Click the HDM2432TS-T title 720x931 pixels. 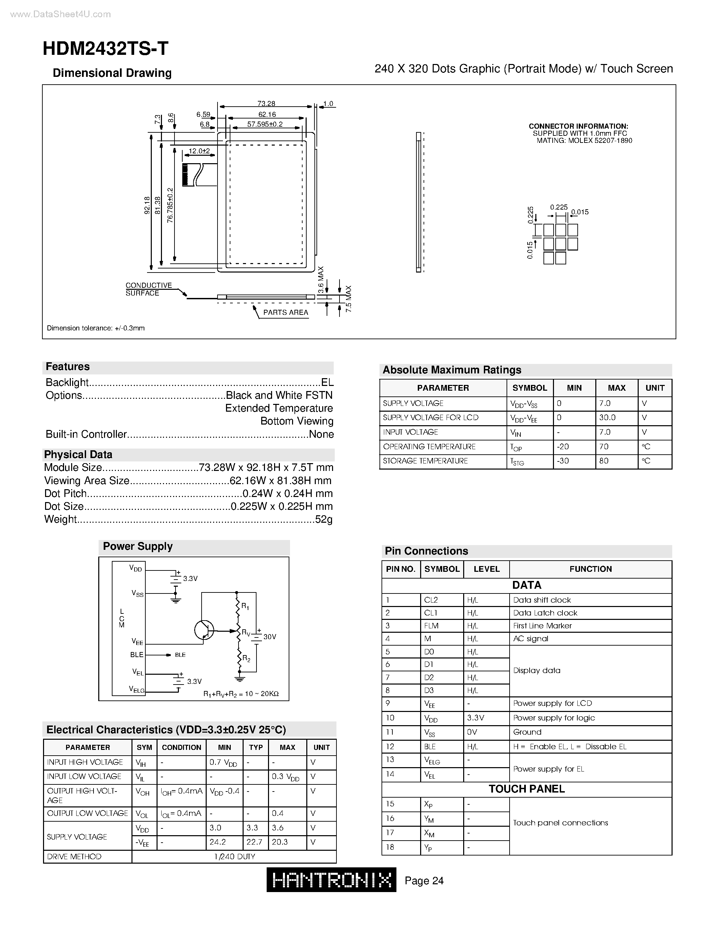pyautogui.click(x=105, y=49)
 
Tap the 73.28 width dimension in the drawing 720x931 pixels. pyautogui.click(x=266, y=103)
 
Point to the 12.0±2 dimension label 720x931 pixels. pyautogui.click(x=199, y=151)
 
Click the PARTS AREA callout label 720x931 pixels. pyautogui.click(x=285, y=312)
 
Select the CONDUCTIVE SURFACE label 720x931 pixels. pyautogui.click(x=148, y=289)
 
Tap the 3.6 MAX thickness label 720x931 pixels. pyautogui.click(x=321, y=280)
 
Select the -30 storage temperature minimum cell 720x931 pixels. pyautogui.click(x=563, y=461)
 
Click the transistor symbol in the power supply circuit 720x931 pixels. pyautogui.click(x=204, y=630)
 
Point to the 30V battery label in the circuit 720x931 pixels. pyautogui.click(x=270, y=637)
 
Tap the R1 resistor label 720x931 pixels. pyautogui.click(x=245, y=606)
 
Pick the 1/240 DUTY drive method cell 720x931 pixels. pyautogui.click(x=234, y=857)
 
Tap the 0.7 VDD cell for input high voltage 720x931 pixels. pyautogui.click(x=223, y=763)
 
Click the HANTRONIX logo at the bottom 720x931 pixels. pyautogui.click(x=331, y=880)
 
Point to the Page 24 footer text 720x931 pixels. pyautogui.click(x=424, y=881)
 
